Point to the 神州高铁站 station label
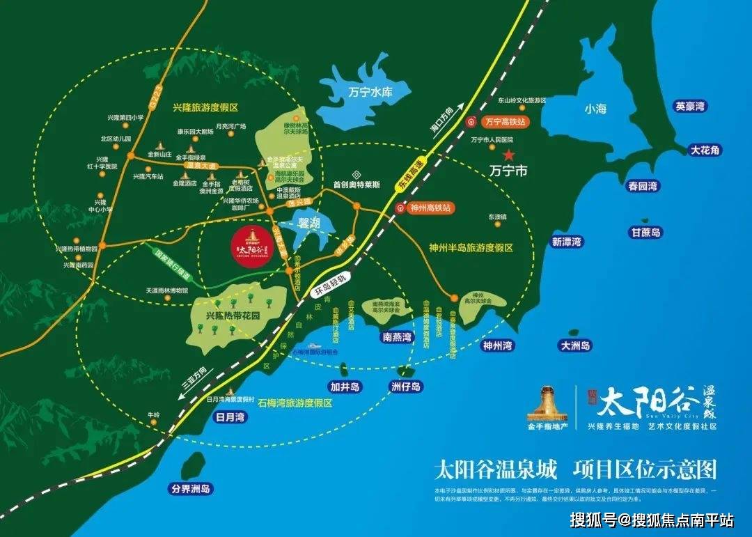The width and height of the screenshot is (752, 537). [430, 208]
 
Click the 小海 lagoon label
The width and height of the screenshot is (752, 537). [595, 109]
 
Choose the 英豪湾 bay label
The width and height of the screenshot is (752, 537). [690, 107]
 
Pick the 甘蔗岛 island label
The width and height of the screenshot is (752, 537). [646, 233]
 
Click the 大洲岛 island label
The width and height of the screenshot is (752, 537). [575, 345]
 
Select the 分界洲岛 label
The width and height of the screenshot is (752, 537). [191, 489]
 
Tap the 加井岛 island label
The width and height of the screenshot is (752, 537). [345, 387]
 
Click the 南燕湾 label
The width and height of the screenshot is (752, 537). [397, 337]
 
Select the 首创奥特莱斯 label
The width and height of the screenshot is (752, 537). [357, 185]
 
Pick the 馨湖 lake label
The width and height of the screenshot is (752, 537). [309, 224]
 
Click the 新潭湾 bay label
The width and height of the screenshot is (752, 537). [566, 242]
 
